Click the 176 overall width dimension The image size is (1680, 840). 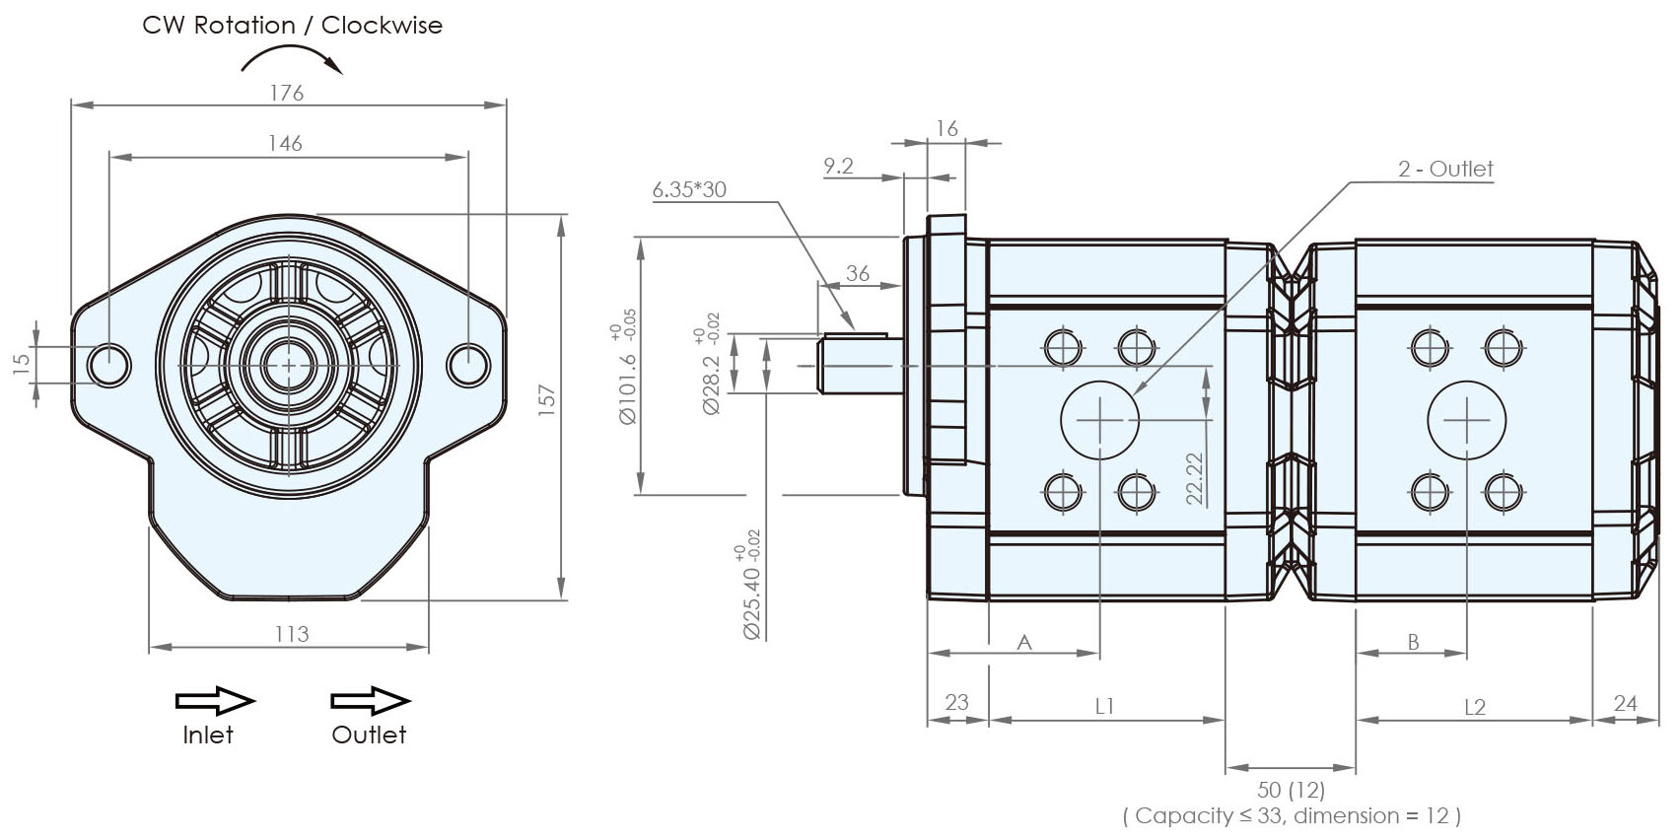[x=287, y=93]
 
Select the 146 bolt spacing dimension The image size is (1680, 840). [x=285, y=144]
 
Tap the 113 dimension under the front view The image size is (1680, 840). [x=292, y=634]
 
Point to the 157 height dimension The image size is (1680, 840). [x=548, y=399]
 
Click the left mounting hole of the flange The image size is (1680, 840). [x=108, y=365]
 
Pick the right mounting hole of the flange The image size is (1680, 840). [x=468, y=365]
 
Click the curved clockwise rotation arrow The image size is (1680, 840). [x=293, y=60]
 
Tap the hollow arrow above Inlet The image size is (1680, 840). [x=215, y=701]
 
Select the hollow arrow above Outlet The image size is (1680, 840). [x=370, y=701]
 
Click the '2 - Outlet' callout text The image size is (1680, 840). [x=1444, y=170]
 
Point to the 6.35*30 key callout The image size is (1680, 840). [x=689, y=190]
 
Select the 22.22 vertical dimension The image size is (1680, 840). [x=1195, y=478]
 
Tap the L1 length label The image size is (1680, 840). [x=1104, y=706]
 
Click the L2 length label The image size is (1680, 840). [x=1474, y=707]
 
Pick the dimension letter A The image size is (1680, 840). [x=1024, y=643]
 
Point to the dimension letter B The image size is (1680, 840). [x=1412, y=643]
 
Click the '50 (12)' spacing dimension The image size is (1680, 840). [x=1291, y=790]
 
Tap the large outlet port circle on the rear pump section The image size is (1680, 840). [x=1466, y=420]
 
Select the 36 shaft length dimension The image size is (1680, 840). [x=858, y=273]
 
